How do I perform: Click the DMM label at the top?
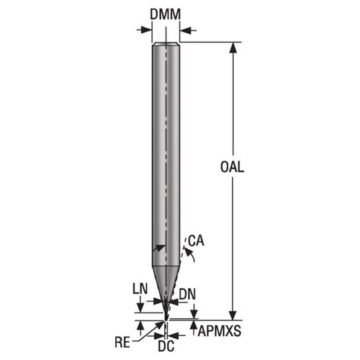pos(166,14)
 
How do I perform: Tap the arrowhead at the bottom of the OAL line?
pos(233,314)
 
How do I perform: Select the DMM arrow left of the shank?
pos(145,30)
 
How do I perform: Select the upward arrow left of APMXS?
pos(194,325)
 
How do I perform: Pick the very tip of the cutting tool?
pos(165,319)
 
